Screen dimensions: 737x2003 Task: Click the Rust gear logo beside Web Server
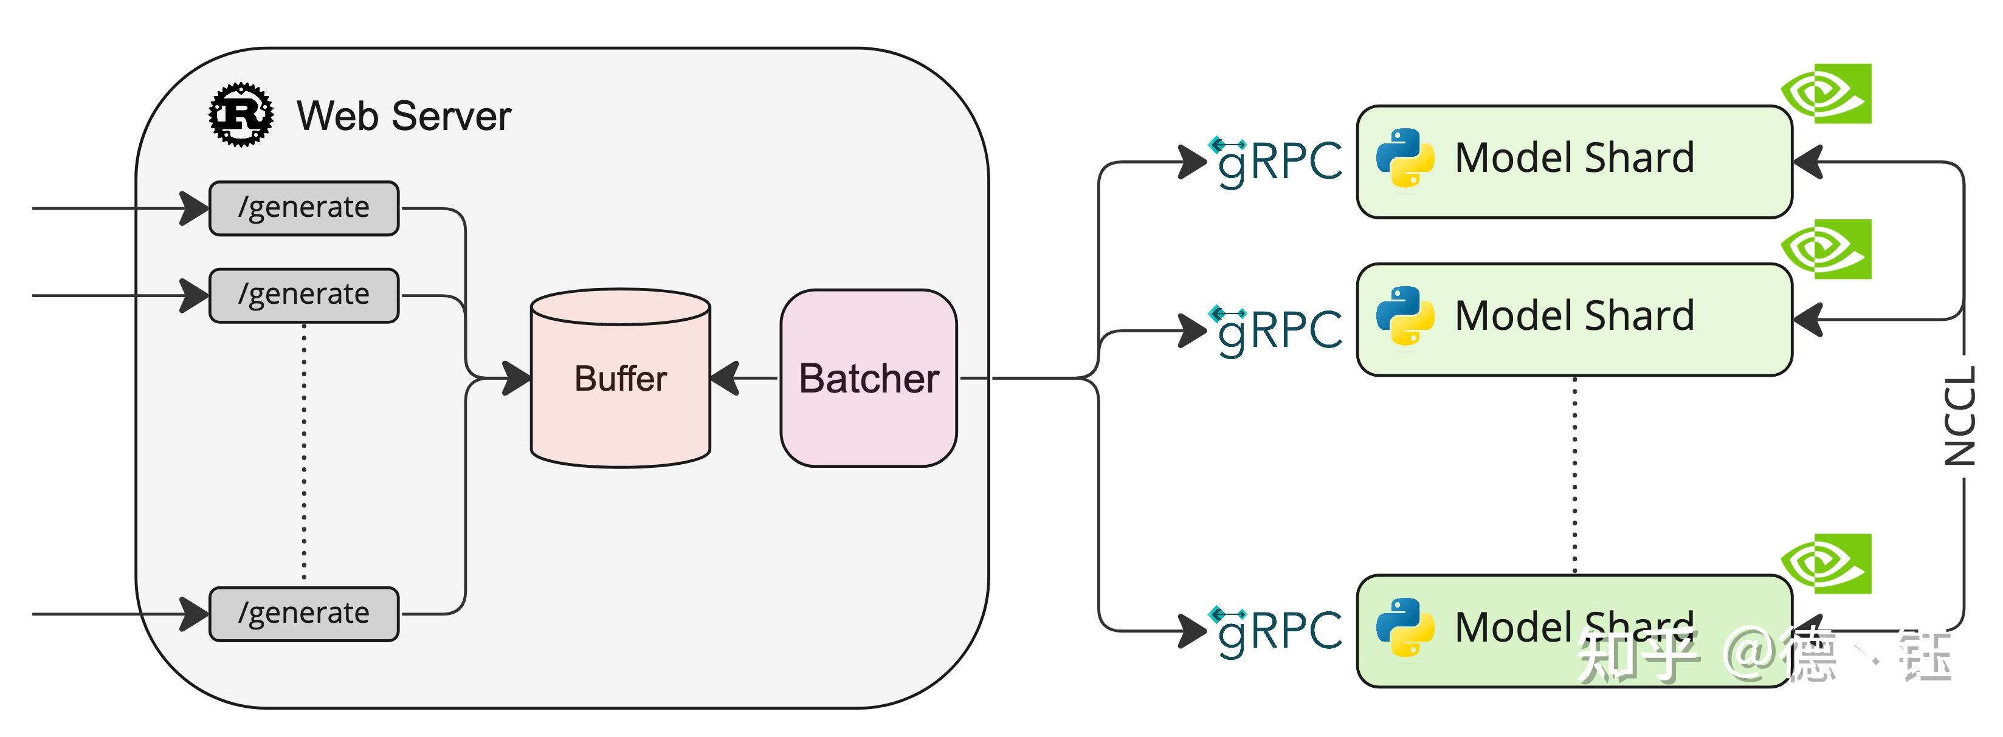point(241,115)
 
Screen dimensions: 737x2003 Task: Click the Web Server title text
point(404,117)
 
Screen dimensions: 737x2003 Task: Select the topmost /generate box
point(304,208)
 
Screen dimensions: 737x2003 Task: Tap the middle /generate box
point(304,295)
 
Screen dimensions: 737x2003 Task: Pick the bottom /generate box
point(304,614)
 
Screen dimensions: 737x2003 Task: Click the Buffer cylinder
point(621,379)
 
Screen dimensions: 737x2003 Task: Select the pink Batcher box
point(869,379)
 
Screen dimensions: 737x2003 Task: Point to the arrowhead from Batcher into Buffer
point(725,379)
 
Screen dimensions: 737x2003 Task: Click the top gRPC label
point(1278,162)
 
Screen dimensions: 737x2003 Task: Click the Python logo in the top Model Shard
point(1405,158)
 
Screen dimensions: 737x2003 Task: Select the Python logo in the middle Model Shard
point(1405,315)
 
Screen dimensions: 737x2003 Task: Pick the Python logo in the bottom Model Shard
point(1405,628)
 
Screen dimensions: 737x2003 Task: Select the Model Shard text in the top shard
point(1574,158)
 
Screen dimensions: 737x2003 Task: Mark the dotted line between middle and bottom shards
point(1574,475)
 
